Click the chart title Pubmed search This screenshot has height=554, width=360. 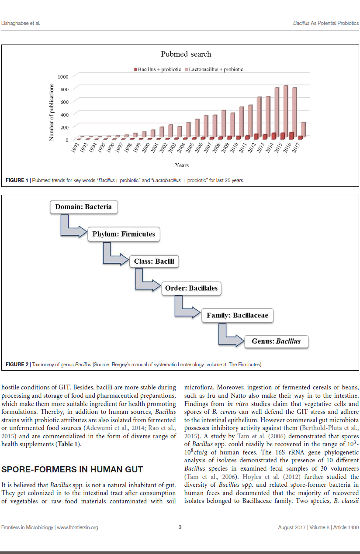click(x=186, y=54)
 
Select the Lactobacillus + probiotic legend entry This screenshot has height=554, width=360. click(x=214, y=69)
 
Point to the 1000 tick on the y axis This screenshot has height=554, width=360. click(x=63, y=77)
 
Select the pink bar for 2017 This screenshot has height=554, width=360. click(x=303, y=129)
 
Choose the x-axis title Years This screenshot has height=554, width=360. click(x=182, y=165)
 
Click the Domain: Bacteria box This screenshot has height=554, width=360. click(x=83, y=206)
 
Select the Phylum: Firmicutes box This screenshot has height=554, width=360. click(x=124, y=234)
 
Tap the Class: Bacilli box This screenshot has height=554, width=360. click(x=154, y=261)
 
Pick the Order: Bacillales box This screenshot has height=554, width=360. click(x=191, y=288)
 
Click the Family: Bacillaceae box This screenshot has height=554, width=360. click(x=237, y=315)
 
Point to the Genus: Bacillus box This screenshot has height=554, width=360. click(x=276, y=341)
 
